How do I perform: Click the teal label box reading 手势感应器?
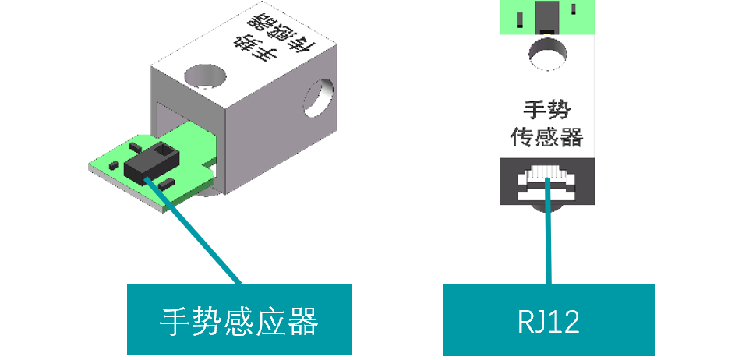coord(239,319)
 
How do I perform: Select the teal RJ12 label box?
coord(549,320)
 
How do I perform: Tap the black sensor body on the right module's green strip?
coord(547,16)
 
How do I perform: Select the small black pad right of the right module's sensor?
coord(574,9)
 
